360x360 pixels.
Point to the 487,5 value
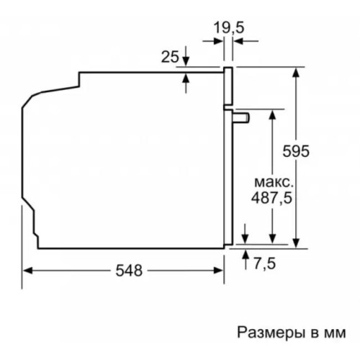271,197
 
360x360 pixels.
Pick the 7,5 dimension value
265,264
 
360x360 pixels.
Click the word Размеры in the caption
265,332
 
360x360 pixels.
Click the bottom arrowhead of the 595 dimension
296,243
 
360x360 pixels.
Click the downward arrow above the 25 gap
186,61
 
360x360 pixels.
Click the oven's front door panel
229,158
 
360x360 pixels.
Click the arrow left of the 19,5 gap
217,42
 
